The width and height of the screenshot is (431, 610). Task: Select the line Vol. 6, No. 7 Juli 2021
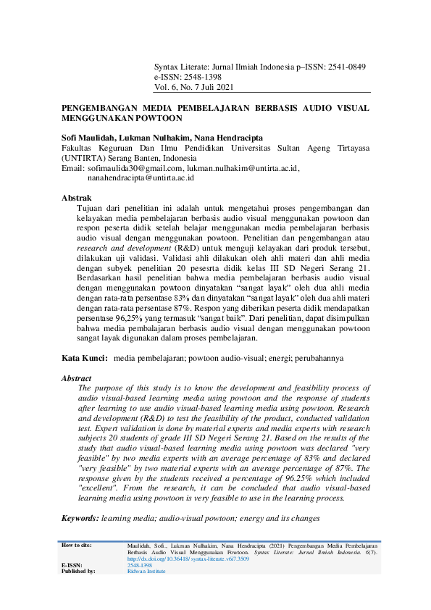(194, 88)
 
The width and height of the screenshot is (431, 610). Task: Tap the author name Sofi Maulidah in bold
(93, 138)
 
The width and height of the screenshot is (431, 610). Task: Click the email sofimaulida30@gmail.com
(133, 168)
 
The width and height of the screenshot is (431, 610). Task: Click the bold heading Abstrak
(77, 198)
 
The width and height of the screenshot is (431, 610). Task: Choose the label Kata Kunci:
(85, 359)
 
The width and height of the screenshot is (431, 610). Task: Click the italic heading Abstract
(77, 378)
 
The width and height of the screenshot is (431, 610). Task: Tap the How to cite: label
(77, 544)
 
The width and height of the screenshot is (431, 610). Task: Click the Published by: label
(78, 571)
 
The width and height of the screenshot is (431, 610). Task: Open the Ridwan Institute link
(147, 571)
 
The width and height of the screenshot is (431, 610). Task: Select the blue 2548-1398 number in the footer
(139, 565)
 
